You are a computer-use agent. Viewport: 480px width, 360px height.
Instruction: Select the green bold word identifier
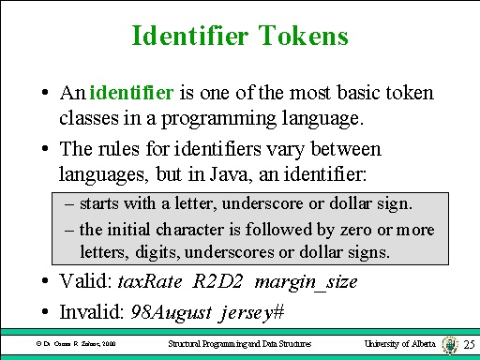click(x=131, y=93)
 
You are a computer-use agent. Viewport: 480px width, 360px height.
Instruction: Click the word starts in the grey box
click(x=99, y=203)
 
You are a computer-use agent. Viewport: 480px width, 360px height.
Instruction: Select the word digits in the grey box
click(x=157, y=251)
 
